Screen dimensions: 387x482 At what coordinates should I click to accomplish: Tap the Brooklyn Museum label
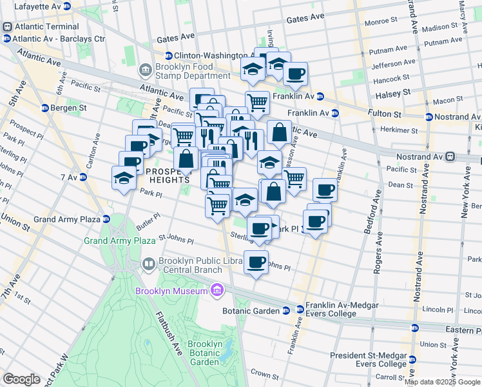point(171,291)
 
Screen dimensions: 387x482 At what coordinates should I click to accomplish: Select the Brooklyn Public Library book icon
point(148,264)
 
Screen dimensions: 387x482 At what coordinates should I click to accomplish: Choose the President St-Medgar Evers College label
point(368,360)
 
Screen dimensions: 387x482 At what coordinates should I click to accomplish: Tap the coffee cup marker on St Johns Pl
point(256,262)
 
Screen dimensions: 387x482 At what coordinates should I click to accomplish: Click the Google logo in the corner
point(22,379)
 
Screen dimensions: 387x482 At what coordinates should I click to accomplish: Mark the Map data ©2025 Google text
point(443,382)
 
